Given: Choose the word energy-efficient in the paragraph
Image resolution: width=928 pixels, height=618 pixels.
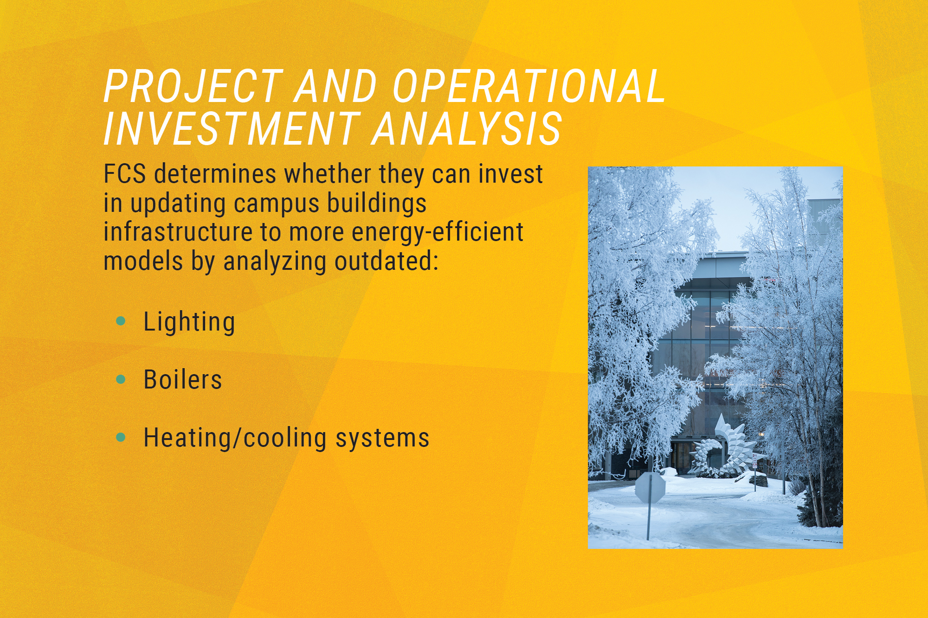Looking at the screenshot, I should tap(437, 232).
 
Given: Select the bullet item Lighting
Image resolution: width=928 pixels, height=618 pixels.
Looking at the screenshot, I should tap(189, 322).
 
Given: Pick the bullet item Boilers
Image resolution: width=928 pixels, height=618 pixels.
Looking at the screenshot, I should tap(183, 380).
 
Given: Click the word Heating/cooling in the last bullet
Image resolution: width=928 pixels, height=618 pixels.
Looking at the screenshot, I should tap(235, 438).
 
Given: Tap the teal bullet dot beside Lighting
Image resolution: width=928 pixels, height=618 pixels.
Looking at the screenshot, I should tap(121, 321).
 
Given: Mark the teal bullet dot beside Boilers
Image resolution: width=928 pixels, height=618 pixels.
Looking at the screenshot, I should tap(121, 379).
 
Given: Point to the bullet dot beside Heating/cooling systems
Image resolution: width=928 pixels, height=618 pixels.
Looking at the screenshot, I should tap(121, 437).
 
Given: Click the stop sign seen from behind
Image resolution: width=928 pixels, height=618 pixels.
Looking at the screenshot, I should tap(649, 487).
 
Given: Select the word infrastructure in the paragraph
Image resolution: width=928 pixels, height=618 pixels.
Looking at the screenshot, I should tap(178, 232).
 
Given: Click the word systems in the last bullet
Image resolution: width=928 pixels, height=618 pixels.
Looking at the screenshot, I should tap(382, 438).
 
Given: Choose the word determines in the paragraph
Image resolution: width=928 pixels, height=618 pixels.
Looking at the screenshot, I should tap(215, 174).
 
